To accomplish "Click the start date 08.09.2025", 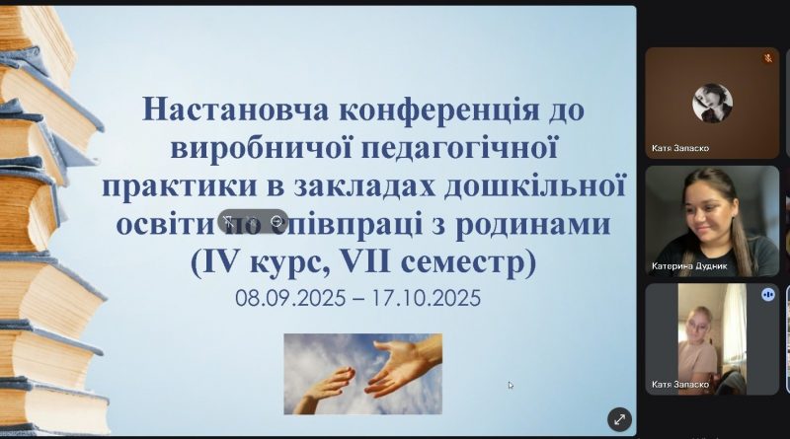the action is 290,298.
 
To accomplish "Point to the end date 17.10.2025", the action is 427,298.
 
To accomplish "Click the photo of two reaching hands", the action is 362,374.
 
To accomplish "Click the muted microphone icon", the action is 768,58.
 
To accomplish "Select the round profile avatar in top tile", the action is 712,104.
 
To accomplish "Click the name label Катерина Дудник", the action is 688,266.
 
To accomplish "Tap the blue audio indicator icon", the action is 768,294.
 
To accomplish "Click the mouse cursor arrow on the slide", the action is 511,385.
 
